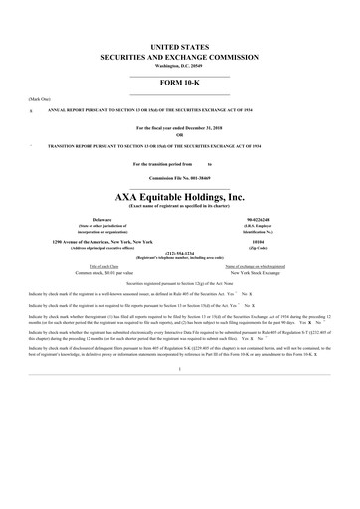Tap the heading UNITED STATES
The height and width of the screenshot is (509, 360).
[179, 47]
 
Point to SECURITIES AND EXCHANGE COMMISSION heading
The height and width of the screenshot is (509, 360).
[179, 57]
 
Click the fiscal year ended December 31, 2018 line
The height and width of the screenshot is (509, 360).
[179, 128]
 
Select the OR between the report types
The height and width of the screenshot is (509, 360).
[179, 135]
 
